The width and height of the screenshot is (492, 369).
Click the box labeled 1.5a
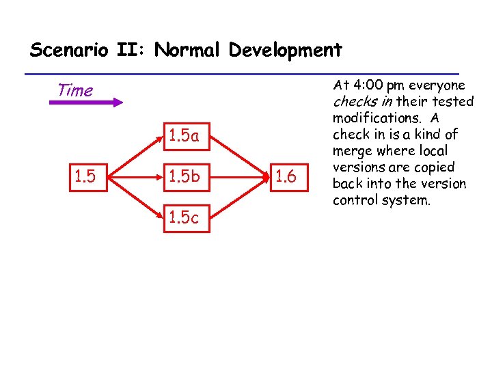point(184,137)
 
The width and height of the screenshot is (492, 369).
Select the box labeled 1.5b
point(184,178)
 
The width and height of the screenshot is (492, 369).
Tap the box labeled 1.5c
point(184,219)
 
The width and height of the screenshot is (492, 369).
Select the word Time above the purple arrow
point(75,90)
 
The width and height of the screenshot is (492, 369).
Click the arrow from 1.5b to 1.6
point(236,178)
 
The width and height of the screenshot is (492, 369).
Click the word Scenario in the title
point(66,50)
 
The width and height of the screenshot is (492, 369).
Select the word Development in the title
point(286,51)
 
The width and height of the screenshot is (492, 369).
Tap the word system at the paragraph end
point(411,200)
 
